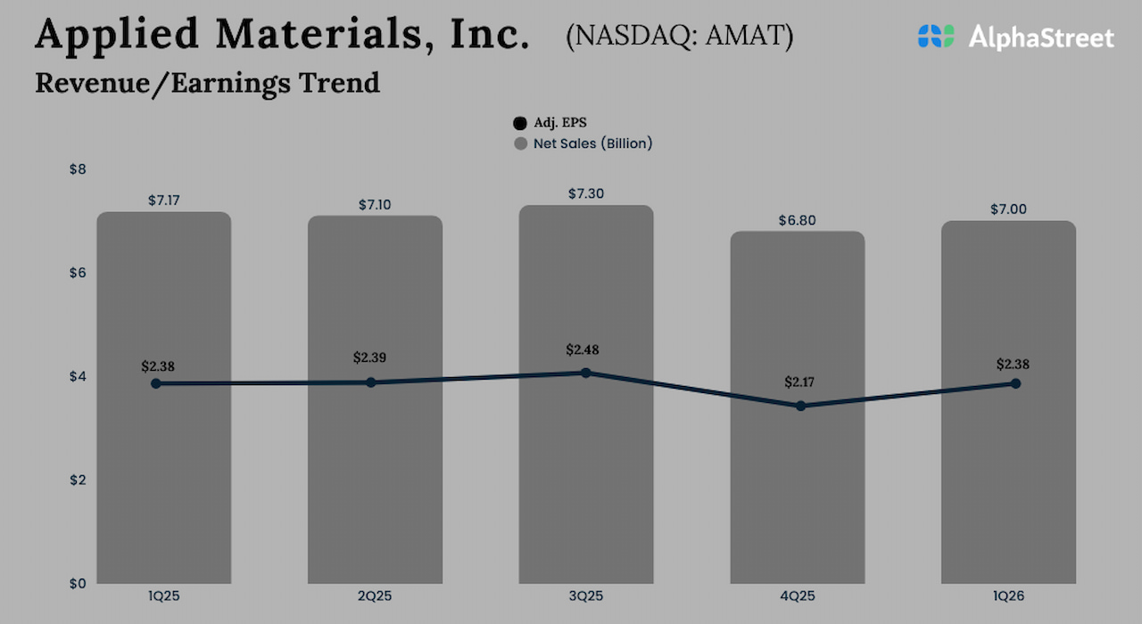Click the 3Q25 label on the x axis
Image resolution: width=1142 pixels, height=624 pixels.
(586, 595)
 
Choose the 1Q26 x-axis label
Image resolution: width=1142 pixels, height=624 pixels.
(1008, 595)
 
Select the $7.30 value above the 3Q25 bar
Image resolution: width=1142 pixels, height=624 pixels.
(586, 193)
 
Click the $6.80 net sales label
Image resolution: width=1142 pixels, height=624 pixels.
(798, 220)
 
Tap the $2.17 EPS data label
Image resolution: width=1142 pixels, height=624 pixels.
(800, 382)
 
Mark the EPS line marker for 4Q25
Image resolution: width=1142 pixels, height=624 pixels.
(800, 406)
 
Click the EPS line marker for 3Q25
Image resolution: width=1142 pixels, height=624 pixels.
(586, 373)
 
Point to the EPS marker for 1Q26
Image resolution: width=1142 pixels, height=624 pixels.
(1015, 383)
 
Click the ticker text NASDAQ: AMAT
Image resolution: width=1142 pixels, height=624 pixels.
(679, 36)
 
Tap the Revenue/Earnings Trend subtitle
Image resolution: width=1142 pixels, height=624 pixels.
(207, 83)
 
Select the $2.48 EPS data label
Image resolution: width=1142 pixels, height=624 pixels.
(583, 349)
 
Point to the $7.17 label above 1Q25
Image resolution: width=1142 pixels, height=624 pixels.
(164, 201)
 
